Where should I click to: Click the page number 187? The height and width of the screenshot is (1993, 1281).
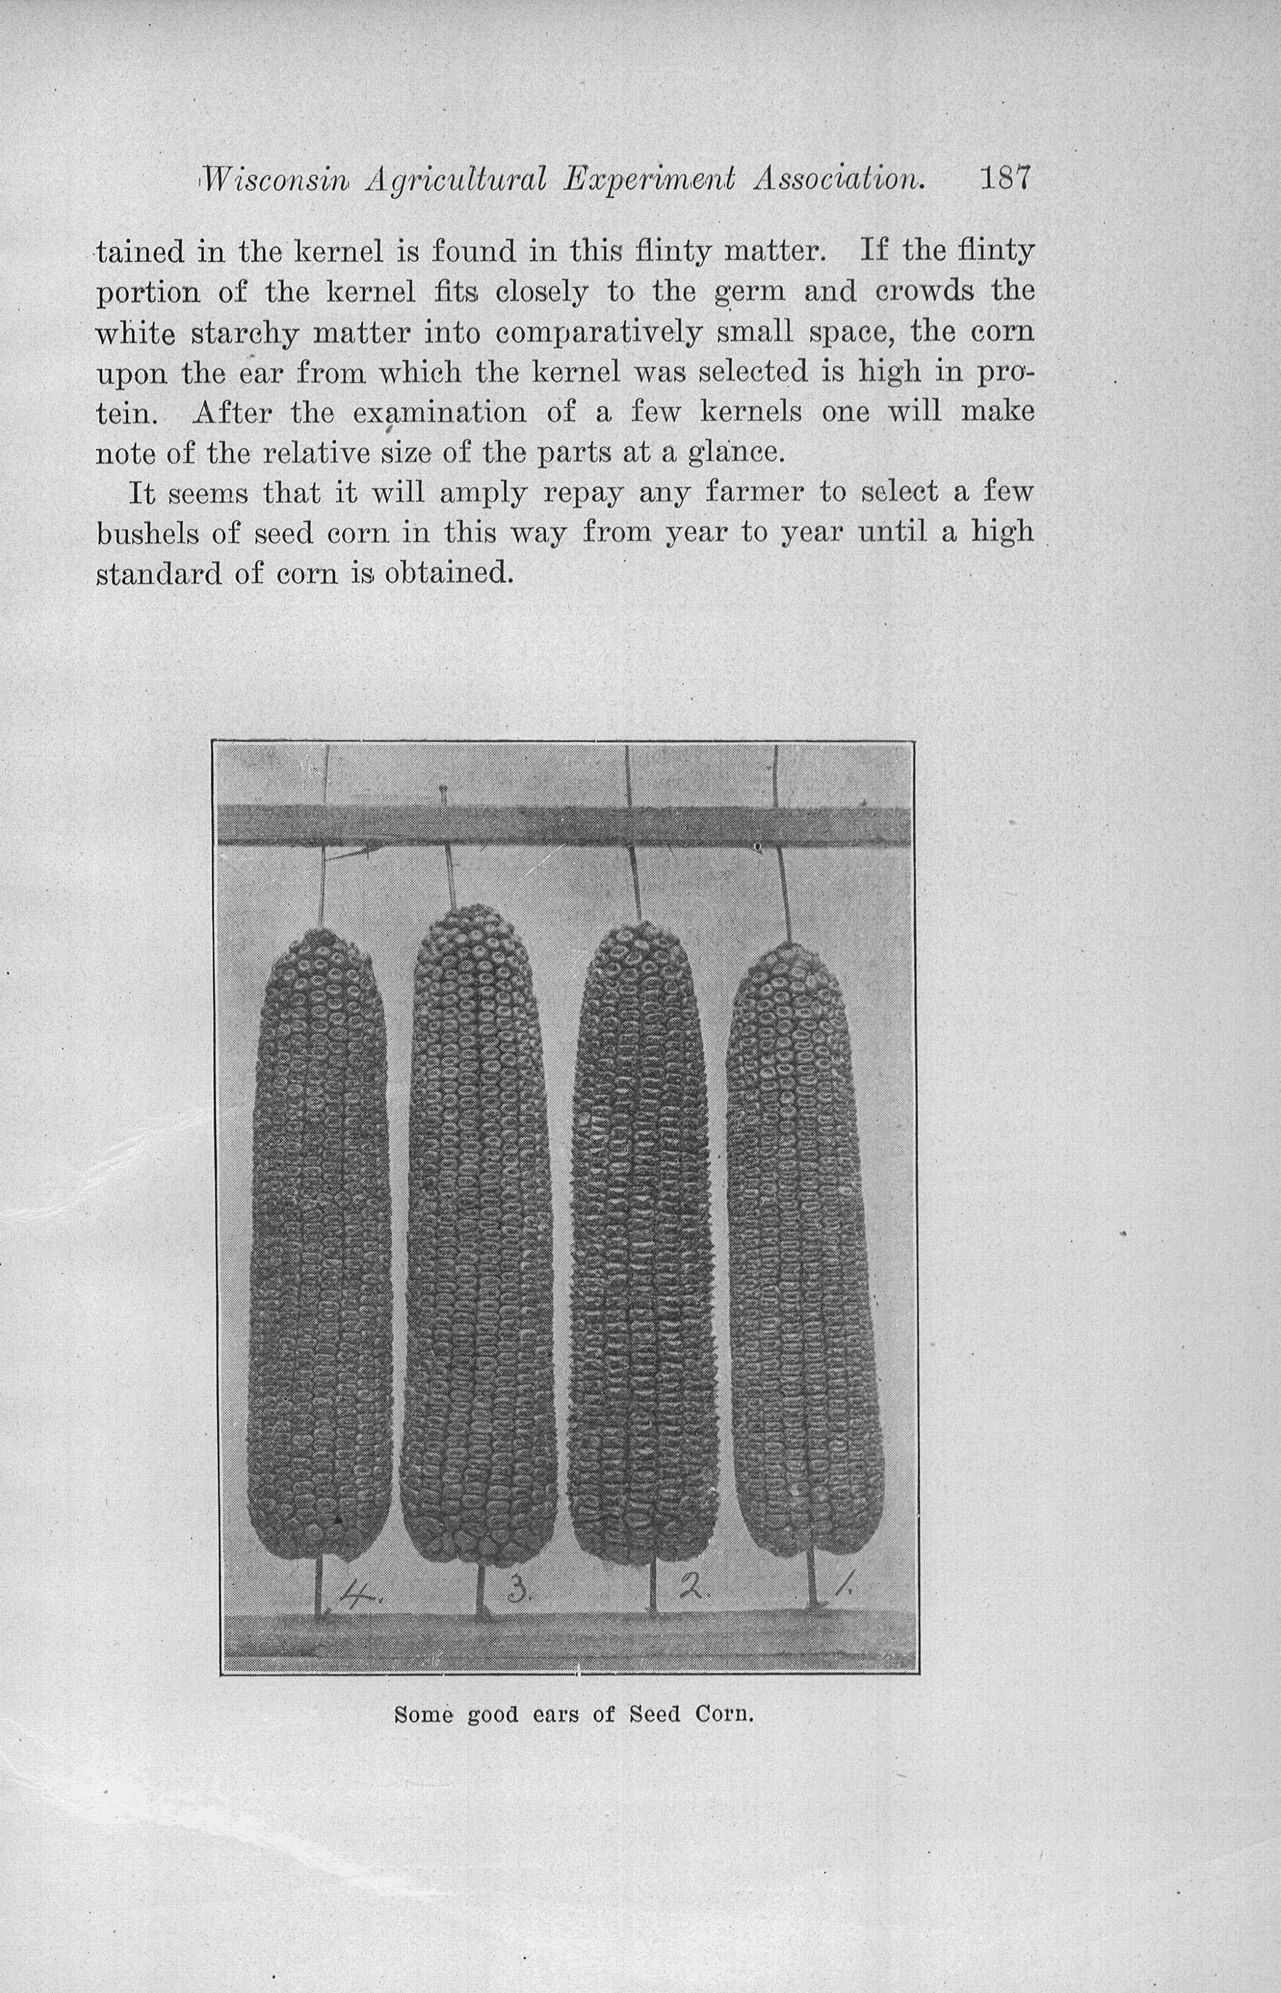(1005, 179)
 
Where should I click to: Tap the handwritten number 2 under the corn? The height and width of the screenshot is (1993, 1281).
(691, 1589)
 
